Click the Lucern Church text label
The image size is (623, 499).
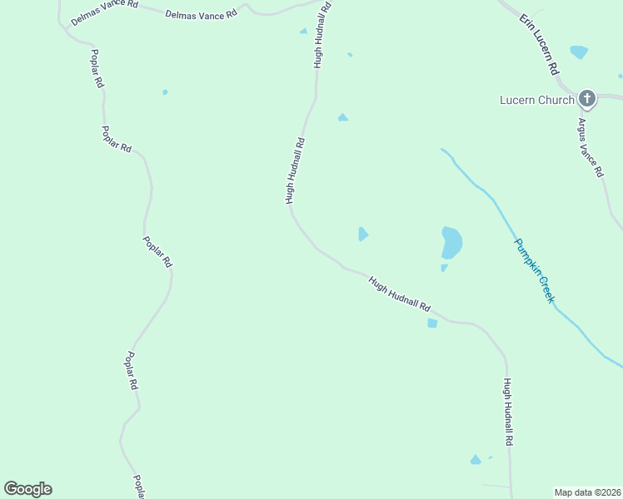(536, 100)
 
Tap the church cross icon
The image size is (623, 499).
(587, 100)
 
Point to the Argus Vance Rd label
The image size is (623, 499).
(590, 146)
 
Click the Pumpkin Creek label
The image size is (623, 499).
(534, 270)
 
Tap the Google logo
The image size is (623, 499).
(27, 489)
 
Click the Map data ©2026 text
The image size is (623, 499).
(588, 492)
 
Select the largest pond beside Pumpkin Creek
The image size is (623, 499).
(451, 242)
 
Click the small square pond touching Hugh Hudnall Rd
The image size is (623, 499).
(431, 323)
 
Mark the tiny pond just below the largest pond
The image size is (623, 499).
(444, 268)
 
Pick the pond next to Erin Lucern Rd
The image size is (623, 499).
(579, 52)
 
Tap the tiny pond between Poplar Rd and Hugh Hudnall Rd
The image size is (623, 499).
(165, 92)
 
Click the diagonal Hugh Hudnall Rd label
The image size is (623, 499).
(399, 294)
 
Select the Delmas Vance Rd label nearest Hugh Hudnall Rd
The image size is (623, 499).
(201, 14)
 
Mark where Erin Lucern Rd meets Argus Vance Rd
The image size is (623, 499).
(573, 87)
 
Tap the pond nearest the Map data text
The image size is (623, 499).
(476, 460)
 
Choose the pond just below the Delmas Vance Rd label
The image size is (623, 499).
(303, 32)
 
